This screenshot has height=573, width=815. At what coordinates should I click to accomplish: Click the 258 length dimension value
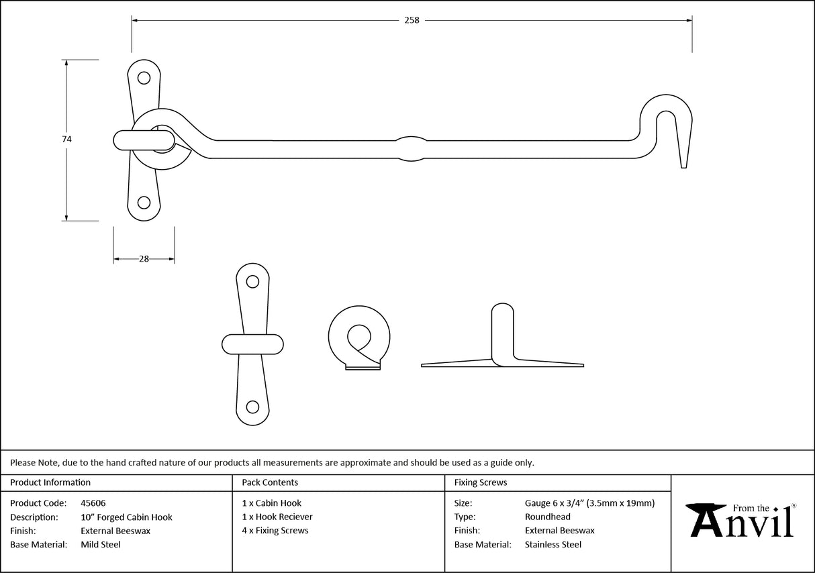pyautogui.click(x=412, y=20)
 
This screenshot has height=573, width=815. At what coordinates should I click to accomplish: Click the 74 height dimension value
pyautogui.click(x=66, y=139)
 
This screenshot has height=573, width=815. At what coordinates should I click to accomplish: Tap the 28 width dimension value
pyautogui.click(x=144, y=259)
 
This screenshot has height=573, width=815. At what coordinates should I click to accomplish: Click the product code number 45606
pyautogui.click(x=93, y=503)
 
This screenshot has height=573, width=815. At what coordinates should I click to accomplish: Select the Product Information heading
pyautogui.click(x=50, y=482)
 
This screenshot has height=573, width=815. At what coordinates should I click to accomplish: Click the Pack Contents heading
pyautogui.click(x=270, y=482)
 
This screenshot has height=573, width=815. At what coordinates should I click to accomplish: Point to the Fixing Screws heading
pyautogui.click(x=481, y=482)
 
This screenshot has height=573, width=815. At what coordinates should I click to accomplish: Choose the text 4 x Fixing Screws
pyautogui.click(x=275, y=531)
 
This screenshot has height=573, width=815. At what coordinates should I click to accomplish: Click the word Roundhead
pyautogui.click(x=548, y=517)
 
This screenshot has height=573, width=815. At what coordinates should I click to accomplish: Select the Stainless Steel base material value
pyautogui.click(x=553, y=545)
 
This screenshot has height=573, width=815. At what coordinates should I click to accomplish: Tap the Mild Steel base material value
pyautogui.click(x=101, y=545)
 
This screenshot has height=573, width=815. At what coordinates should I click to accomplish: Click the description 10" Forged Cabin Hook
pyautogui.click(x=126, y=517)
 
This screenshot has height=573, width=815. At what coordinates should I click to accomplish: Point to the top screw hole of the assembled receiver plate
pyautogui.click(x=144, y=78)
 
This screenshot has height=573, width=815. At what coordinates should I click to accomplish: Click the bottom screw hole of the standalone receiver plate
pyautogui.click(x=253, y=407)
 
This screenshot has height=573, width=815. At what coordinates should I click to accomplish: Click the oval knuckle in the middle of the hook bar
pyautogui.click(x=410, y=149)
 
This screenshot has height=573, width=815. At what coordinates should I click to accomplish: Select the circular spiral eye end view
pyautogui.click(x=358, y=337)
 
